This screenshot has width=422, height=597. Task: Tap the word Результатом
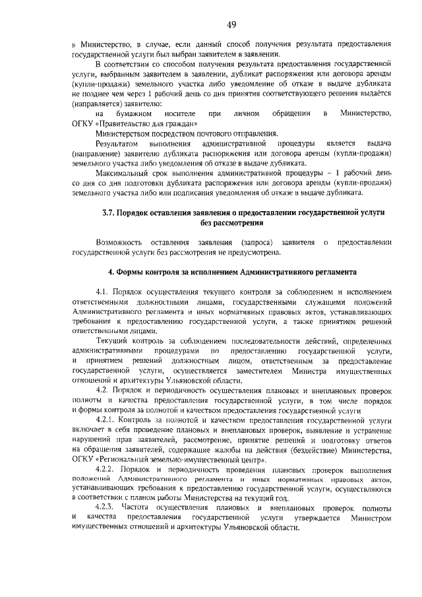click(x=117, y=143)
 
